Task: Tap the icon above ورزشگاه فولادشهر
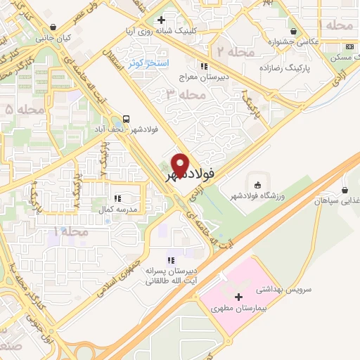click(257, 185)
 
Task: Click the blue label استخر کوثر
click(150, 63)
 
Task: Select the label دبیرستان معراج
click(204, 77)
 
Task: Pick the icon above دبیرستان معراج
click(204, 66)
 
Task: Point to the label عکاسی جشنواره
click(271, 42)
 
